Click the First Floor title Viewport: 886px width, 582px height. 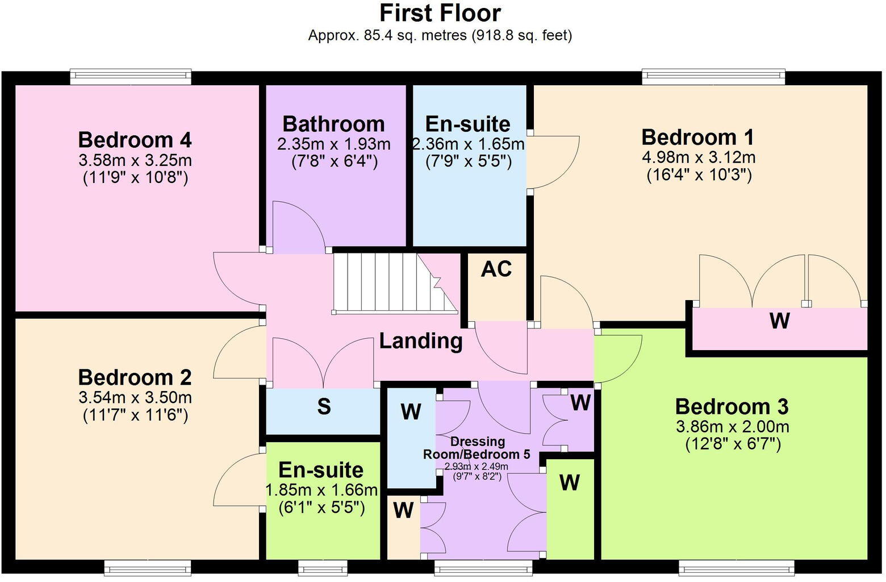coord(440,13)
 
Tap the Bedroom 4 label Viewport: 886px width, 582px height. coord(135,140)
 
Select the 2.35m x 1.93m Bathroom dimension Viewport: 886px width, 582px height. coord(334,144)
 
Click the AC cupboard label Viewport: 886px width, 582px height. coord(496,269)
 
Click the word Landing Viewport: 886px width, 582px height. coord(420,341)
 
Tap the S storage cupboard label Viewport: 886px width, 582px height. coord(324,407)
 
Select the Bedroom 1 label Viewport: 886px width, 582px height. coord(698,138)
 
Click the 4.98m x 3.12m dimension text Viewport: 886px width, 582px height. coord(699,157)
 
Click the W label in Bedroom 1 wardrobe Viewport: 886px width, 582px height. coord(780,321)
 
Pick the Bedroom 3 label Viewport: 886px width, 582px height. coord(732,407)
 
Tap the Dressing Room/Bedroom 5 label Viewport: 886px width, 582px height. coord(477,448)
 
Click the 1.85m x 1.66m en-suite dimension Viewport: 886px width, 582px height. coord(321,490)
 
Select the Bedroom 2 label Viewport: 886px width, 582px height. coord(135,377)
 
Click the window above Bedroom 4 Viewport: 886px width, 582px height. coord(131,77)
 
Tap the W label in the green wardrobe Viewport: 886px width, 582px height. coord(569,483)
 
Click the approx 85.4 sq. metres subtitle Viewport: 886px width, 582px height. coord(440,35)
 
